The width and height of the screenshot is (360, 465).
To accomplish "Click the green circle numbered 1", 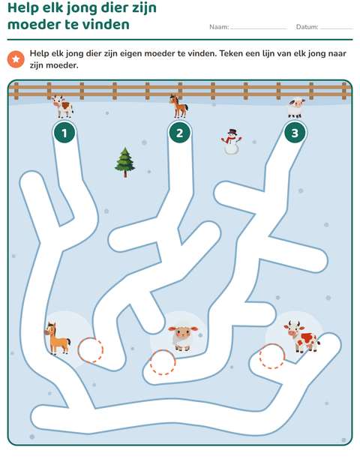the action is point(64,133).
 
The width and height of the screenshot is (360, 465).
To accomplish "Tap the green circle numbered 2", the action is point(180,133).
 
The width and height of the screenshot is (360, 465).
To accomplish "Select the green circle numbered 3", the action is point(295,133).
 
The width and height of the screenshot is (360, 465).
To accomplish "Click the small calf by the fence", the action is point(63,106).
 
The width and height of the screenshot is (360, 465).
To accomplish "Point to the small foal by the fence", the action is point(178,106).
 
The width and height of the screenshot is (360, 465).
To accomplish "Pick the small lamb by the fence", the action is point(295,107).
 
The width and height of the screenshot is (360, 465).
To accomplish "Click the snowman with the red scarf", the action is point(231,142).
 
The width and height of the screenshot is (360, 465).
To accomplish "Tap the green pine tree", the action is point(124,162).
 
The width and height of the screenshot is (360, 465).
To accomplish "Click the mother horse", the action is point(57,339).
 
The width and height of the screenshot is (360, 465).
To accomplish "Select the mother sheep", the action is point(183,335).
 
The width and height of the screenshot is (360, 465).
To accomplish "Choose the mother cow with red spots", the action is point(301,337).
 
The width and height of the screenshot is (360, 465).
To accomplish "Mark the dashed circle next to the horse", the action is point(91,350).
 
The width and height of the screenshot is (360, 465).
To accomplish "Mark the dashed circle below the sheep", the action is point(163,362).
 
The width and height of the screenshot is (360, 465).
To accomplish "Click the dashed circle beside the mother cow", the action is point(272,356).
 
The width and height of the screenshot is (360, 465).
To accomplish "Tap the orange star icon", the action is point(16,59).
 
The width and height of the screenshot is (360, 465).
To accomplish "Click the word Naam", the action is point(219,27).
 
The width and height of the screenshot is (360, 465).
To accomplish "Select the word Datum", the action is point(307,27).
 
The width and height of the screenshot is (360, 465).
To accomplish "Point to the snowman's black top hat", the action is point(232,132).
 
